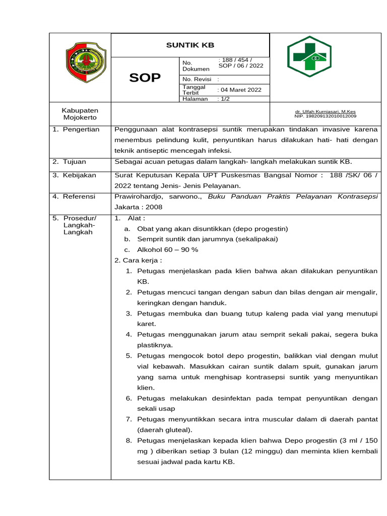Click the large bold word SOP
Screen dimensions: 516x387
tap(145, 78)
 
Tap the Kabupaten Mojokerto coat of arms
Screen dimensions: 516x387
tap(86, 62)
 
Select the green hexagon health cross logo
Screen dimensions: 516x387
tap(309, 56)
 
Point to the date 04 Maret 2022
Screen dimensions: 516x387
tap(239, 90)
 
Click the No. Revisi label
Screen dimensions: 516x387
tap(197, 79)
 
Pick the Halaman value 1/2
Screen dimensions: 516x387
tap(223, 99)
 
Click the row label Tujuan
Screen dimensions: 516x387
tap(74, 162)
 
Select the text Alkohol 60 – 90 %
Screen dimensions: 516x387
tap(167, 249)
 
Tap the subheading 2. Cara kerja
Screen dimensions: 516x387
tap(139, 260)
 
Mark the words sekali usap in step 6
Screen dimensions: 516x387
tap(156, 409)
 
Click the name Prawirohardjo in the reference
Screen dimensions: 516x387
tap(141, 197)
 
